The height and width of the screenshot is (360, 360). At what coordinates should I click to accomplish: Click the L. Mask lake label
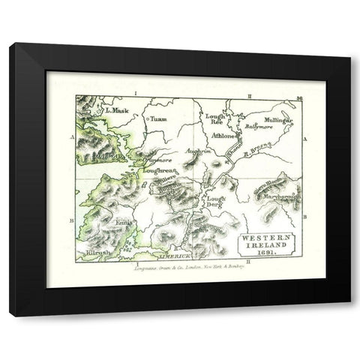click(x=118, y=110)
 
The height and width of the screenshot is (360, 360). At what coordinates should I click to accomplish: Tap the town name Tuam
click(x=157, y=118)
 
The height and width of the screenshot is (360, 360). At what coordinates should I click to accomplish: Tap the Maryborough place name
click(x=280, y=197)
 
